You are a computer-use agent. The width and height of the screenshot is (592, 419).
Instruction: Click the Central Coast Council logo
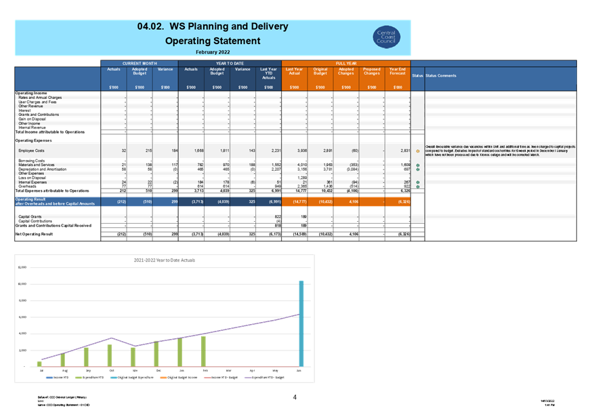389,37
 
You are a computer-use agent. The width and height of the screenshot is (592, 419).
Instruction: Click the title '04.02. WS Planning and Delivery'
212,26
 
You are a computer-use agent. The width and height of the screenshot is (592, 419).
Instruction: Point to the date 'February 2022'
212,52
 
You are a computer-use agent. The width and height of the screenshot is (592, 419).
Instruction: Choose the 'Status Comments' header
441,76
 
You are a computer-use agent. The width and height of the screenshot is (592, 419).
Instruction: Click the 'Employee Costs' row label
31,149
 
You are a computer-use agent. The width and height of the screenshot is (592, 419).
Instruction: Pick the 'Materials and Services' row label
37,165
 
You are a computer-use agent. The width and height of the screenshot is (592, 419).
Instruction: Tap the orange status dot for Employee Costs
418,151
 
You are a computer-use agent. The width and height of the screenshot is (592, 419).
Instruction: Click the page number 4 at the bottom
295,397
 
